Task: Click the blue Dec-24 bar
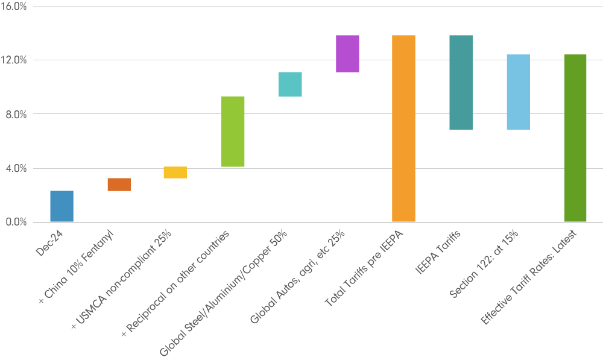coord(62,206)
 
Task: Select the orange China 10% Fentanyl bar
coord(119,185)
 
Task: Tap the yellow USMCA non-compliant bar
coord(175,172)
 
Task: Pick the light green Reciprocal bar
coord(232,131)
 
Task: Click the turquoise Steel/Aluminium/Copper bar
coord(290,84)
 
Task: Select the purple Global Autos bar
coord(347,54)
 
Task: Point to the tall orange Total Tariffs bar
coord(403,128)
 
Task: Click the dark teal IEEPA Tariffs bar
coord(461,83)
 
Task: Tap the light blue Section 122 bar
coord(518,92)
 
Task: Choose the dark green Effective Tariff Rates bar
coord(575,138)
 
